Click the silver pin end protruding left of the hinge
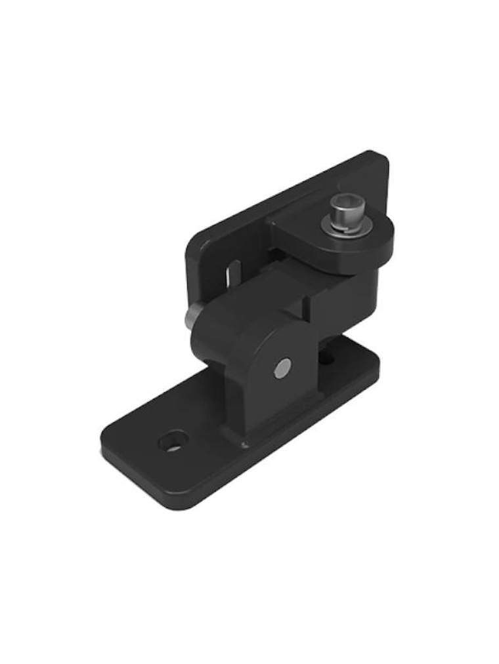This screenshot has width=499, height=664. click(x=190, y=319)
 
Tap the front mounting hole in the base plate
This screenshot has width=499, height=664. click(x=173, y=441)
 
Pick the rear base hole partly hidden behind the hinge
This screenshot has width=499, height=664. click(x=326, y=359)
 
